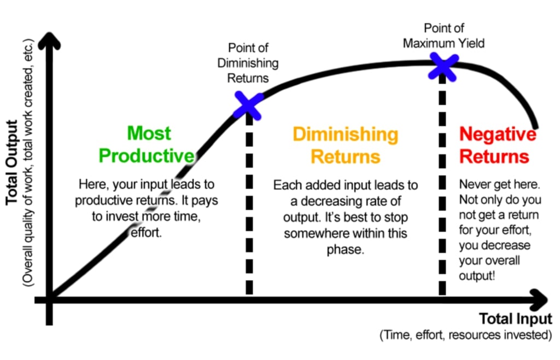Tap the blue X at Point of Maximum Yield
click(443, 66)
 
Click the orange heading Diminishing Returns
click(345, 145)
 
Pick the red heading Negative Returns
click(497, 145)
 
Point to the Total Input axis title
click(515, 319)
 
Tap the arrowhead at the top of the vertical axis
click(50, 39)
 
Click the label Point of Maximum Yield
click(444, 36)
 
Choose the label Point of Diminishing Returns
click(248, 63)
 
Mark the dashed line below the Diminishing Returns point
click(249, 208)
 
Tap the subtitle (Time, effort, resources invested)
click(465, 335)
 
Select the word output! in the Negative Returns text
click(477, 275)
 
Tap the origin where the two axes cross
click(50, 300)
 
